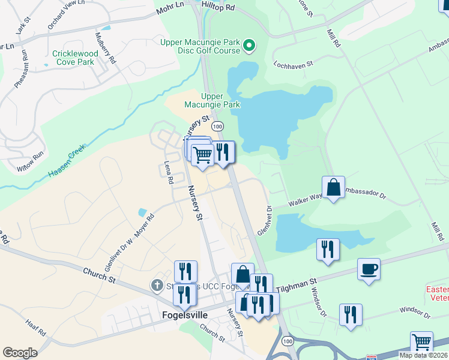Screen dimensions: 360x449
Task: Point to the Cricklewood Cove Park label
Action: pyautogui.click(x=73, y=57)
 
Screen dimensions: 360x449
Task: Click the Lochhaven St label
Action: pyautogui.click(x=294, y=63)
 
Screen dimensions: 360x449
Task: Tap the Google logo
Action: pyautogui.click(x=20, y=352)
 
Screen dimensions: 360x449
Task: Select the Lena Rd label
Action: pyautogui.click(x=169, y=172)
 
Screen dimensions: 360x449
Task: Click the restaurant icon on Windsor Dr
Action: pyautogui.click(x=350, y=314)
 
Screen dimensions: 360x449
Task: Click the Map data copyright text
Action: pyautogui.click(x=423, y=355)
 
